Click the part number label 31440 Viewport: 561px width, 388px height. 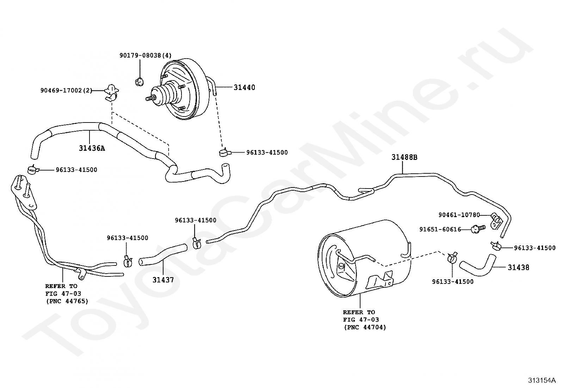[244, 87]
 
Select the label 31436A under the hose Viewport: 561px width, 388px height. [92, 148]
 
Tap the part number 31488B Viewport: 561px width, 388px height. [405, 157]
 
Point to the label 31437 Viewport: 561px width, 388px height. [163, 280]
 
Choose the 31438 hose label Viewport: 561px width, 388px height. [518, 268]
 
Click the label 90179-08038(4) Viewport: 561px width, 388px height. [146, 55]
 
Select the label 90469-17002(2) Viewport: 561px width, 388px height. [66, 90]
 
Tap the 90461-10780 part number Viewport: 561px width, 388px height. [459, 215]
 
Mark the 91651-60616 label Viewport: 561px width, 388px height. [440, 229]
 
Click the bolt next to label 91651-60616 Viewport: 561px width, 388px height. [478, 229]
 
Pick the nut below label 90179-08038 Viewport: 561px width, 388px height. [139, 82]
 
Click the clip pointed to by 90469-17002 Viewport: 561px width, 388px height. [111, 93]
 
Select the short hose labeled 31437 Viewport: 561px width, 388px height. [163, 253]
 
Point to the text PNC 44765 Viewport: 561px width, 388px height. [67, 301]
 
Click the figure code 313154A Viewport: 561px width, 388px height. [542, 380]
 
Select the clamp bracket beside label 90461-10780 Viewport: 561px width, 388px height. [496, 221]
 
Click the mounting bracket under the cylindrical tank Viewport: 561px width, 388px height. [380, 281]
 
